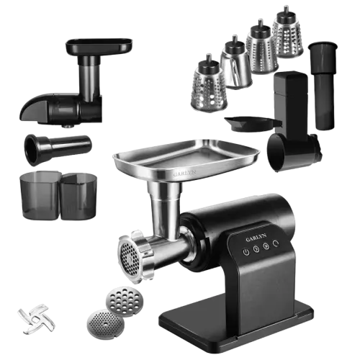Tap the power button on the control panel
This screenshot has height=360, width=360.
246,252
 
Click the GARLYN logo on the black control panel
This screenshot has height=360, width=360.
256,238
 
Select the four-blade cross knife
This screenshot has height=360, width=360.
37,318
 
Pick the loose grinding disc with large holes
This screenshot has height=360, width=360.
125,302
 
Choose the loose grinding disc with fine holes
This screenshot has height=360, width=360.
106,325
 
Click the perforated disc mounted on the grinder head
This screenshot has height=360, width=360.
130,258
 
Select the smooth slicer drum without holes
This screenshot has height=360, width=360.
235,63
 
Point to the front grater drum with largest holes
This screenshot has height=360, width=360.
208,84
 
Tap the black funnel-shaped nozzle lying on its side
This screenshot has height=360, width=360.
58,149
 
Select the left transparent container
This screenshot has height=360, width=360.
40,195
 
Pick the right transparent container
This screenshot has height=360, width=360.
78,197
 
